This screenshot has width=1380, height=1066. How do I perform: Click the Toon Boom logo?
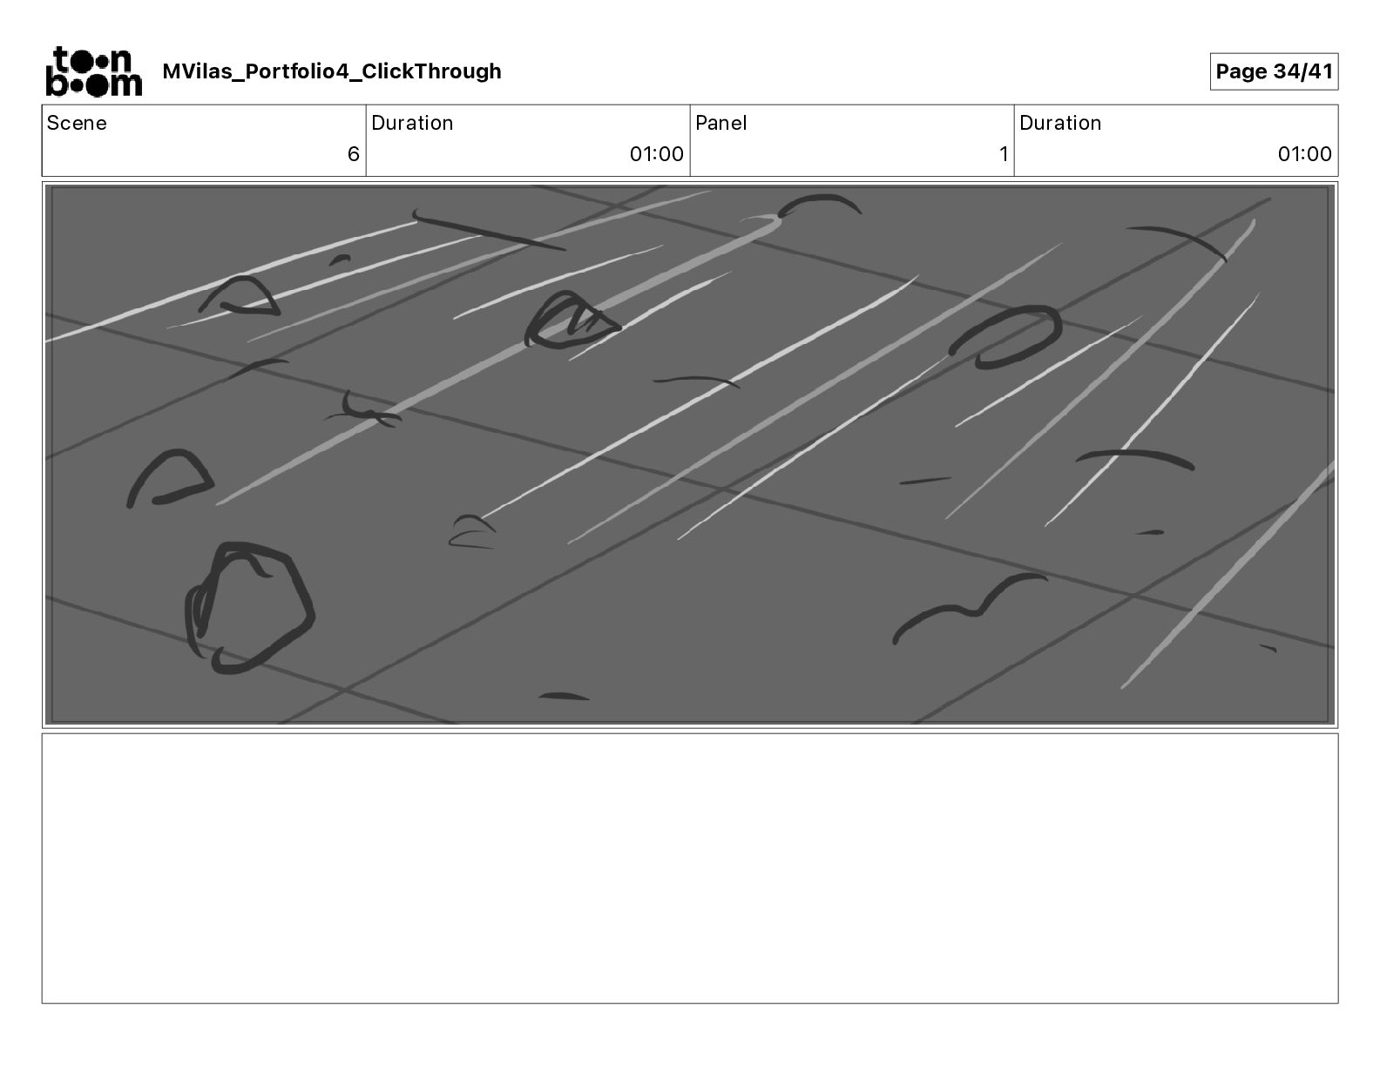coord(94,71)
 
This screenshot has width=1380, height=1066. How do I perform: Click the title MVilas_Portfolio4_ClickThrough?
coord(332,71)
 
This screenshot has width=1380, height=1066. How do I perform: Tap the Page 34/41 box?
coord(1274,71)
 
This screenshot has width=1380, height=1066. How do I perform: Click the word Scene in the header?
coord(76,123)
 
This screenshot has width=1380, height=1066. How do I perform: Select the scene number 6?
coord(353,153)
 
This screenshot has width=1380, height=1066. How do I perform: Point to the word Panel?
coord(720,123)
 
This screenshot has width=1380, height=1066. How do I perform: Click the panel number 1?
coord(1004,153)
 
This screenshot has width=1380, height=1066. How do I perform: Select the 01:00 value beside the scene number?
coord(657,153)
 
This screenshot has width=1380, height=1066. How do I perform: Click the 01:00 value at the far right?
coord(1304,153)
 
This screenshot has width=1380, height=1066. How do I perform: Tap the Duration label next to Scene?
coord(412,123)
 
